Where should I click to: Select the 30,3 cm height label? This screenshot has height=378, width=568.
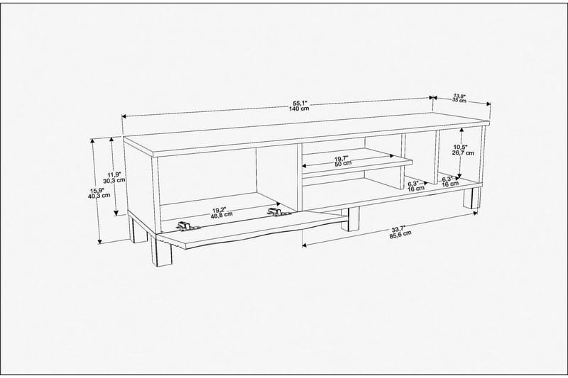coord(114,180)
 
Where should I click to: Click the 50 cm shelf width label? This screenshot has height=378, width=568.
coord(342,164)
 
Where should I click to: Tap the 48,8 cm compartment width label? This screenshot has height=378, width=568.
coord(218,216)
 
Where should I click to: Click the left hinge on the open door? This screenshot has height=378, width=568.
coord(186,226)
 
